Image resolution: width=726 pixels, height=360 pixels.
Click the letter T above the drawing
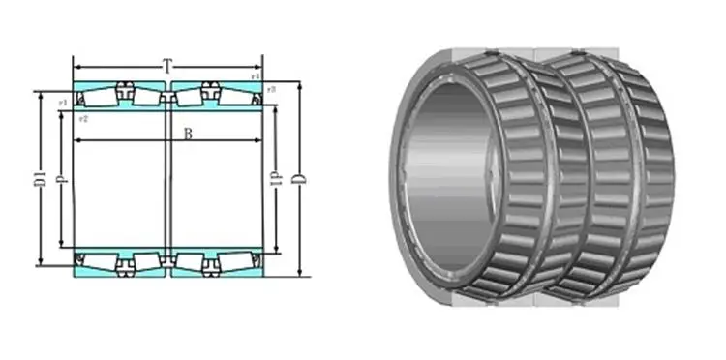167,67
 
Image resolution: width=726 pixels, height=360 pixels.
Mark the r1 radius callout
62,101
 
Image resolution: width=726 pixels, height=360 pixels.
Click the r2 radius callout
84,118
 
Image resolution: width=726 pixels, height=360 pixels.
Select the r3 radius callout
272,90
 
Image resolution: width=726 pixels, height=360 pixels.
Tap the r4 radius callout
256,75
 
